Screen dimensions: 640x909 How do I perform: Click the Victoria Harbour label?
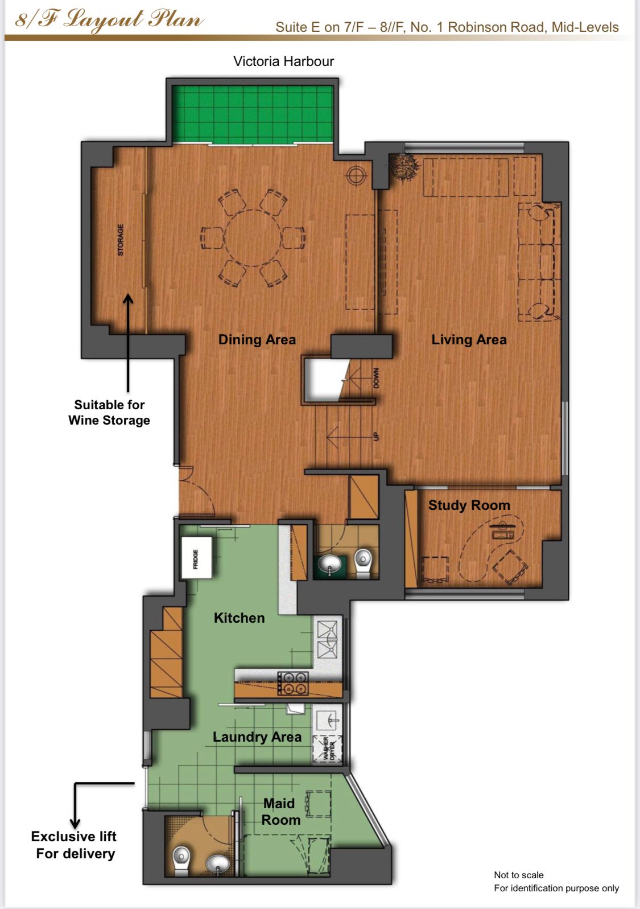tap(283, 61)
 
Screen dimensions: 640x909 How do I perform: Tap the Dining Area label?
tap(257, 340)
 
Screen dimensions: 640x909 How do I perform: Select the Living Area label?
tap(469, 340)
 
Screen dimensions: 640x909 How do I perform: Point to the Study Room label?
tap(469, 505)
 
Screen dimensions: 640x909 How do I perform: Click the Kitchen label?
tap(240, 618)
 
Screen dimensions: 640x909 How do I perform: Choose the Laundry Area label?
tap(257, 737)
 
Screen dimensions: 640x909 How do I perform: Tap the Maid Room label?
tap(280, 812)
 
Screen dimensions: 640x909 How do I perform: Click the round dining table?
tap(252, 238)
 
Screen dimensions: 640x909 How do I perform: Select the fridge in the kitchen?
tap(196, 558)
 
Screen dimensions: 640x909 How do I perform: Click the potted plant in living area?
tap(403, 167)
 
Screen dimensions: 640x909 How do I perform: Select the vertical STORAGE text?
tap(121, 240)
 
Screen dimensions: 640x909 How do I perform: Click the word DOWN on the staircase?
tap(377, 378)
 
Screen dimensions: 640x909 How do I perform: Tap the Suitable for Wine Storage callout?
tap(109, 412)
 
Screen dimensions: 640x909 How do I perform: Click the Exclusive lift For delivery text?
tap(74, 845)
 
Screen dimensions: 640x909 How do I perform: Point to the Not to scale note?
tap(519, 875)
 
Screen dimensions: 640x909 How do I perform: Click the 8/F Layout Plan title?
tap(109, 20)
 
